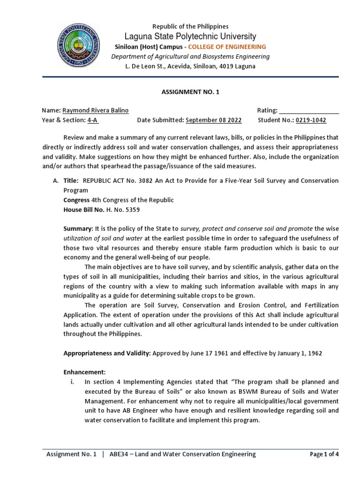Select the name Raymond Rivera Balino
click(x=96, y=111)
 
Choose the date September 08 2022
click(x=214, y=120)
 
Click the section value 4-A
click(x=93, y=120)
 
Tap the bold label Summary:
click(x=78, y=229)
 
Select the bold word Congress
click(x=76, y=200)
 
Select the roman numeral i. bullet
click(x=72, y=382)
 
